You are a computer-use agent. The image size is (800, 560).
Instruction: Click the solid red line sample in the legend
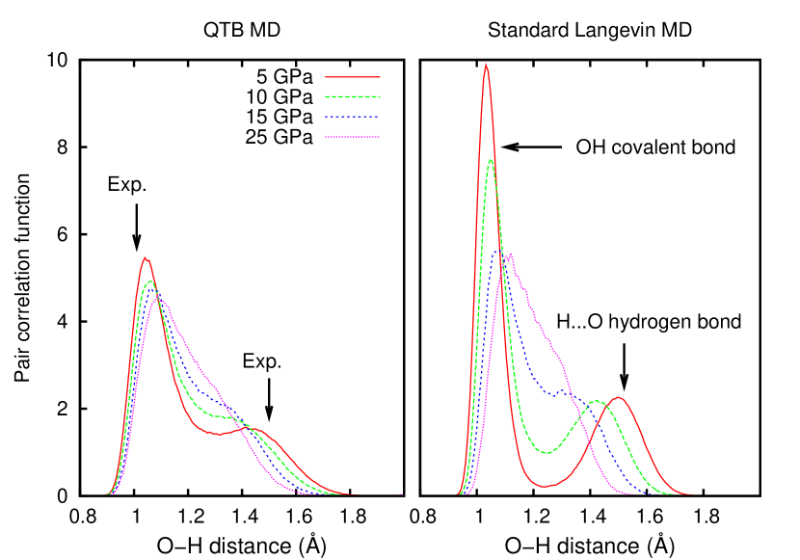coord(352,76)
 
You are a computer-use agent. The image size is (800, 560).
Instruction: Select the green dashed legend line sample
coord(352,96)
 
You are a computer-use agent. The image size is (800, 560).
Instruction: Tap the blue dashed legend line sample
coord(352,116)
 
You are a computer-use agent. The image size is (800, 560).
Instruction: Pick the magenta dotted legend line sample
coord(352,137)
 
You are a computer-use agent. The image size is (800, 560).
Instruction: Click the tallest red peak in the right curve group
coord(485,65)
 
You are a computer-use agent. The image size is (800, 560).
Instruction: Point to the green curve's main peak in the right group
coord(491,159)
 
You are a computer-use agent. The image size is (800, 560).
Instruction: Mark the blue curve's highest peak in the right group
coord(497,252)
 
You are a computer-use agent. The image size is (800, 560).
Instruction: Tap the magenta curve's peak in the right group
coord(508,255)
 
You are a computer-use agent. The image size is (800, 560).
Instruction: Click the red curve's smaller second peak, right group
coord(618,397)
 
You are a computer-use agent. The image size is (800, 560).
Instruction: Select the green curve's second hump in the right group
coord(597,401)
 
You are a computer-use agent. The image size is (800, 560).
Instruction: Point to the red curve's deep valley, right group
coord(546,486)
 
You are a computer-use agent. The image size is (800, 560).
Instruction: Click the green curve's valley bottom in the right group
coord(547,452)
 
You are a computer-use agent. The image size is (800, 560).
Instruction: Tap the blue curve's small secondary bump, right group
coord(562,390)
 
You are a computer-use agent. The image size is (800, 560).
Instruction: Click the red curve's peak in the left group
coord(145,257)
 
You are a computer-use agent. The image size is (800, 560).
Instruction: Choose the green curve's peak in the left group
coord(148,281)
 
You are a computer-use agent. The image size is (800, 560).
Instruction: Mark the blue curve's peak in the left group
coord(152,289)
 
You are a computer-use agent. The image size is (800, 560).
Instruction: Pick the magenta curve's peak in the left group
coord(160,299)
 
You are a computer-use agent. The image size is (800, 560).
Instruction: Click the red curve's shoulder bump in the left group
coord(256,429)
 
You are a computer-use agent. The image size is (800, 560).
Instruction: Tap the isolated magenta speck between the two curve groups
coord(401,494)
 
